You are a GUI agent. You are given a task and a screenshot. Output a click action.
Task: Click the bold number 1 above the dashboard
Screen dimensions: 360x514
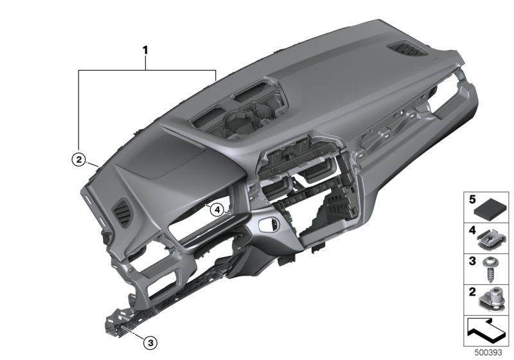(x=146, y=49)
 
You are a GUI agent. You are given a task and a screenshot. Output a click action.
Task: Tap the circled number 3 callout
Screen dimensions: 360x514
(x=149, y=343)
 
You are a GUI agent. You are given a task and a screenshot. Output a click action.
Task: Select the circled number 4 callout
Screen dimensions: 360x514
(x=217, y=209)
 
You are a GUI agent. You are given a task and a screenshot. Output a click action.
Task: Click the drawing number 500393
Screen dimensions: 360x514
(x=488, y=353)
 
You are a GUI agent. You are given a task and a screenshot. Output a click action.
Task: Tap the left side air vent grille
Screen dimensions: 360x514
(x=121, y=212)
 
